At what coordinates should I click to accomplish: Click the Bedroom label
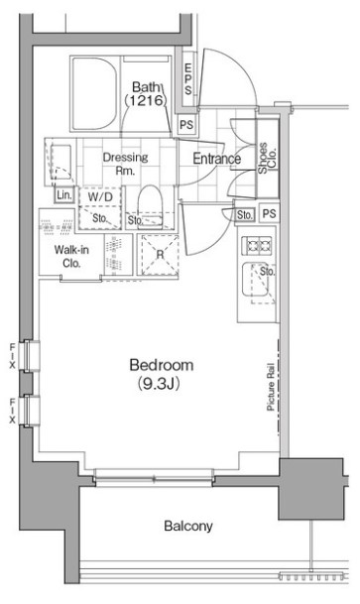(162, 364)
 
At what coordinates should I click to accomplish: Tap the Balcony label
(187, 526)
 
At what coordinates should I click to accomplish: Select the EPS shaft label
(187, 79)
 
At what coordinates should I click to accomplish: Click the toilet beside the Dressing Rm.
(150, 206)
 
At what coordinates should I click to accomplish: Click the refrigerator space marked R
(160, 255)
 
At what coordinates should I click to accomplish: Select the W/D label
(100, 197)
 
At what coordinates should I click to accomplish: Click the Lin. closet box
(63, 195)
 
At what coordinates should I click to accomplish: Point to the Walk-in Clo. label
(71, 257)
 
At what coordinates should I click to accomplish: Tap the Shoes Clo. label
(268, 158)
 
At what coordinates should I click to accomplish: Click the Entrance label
(216, 159)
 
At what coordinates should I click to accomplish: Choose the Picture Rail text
(271, 387)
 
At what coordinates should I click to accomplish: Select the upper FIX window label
(12, 355)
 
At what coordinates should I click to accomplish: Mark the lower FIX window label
(12, 411)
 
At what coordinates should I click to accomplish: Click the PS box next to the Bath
(186, 125)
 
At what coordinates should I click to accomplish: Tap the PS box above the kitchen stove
(269, 213)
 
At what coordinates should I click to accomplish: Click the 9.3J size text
(159, 384)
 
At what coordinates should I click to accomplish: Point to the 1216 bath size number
(145, 100)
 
